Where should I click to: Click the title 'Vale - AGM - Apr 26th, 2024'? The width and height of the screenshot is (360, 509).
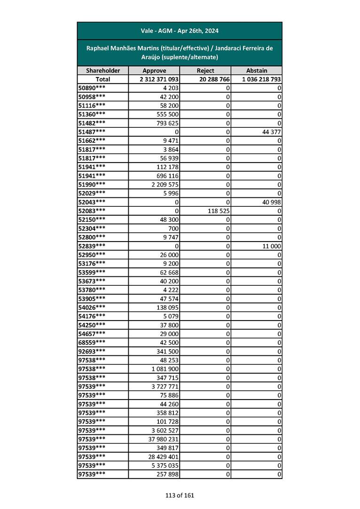coord(180,31)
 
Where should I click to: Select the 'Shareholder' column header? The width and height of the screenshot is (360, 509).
coord(103,70)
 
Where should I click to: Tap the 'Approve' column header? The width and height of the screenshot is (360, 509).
coord(154,70)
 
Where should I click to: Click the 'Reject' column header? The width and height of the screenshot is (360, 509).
coord(205,70)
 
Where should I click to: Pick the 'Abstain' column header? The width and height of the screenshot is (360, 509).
coord(257,70)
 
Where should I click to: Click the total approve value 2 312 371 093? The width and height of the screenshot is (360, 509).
coord(159,79)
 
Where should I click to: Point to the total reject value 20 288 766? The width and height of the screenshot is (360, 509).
coord(214,79)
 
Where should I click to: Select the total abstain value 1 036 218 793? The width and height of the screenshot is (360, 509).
coord(261,79)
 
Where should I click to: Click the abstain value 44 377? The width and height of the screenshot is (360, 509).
coord(270,132)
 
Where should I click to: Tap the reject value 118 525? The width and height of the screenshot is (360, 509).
coord(218,211)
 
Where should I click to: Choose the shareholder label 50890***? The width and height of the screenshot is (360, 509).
coord(92,88)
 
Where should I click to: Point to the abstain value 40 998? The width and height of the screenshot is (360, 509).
coord(270,202)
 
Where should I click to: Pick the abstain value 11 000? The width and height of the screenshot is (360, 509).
coord(271,246)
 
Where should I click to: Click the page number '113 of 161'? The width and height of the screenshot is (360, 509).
coord(180,495)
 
